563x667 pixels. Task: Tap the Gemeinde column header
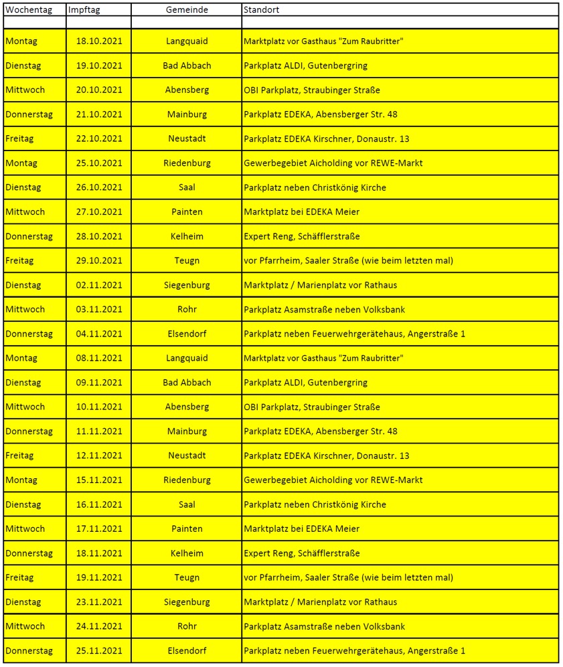pyautogui.click(x=187, y=10)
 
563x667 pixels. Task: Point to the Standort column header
pyautogui.click(x=262, y=10)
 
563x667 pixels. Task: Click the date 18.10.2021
pyautogui.click(x=99, y=41)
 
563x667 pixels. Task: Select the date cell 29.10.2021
pyautogui.click(x=99, y=261)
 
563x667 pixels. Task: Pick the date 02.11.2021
pyautogui.click(x=99, y=285)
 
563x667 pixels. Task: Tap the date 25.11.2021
pyautogui.click(x=99, y=651)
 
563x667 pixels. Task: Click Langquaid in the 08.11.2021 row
pyautogui.click(x=187, y=359)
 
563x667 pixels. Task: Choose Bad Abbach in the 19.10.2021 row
pyautogui.click(x=187, y=66)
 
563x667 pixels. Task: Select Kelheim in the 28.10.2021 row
pyautogui.click(x=187, y=236)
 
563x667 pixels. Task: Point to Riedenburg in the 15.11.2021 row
pyautogui.click(x=187, y=480)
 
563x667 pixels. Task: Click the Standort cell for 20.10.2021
pyautogui.click(x=311, y=90)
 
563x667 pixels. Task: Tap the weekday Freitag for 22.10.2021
pyautogui.click(x=19, y=139)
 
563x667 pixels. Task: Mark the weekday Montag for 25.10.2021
pyautogui.click(x=21, y=163)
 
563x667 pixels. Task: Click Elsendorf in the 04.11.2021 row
pyautogui.click(x=187, y=334)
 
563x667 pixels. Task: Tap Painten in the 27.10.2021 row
pyautogui.click(x=187, y=212)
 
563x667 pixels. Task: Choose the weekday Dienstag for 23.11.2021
pyautogui.click(x=23, y=602)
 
